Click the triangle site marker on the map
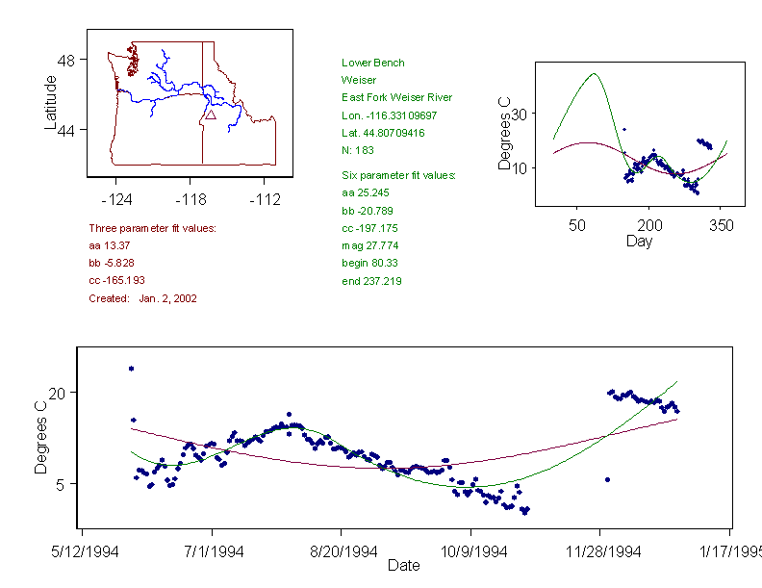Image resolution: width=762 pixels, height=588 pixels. click(x=210, y=114)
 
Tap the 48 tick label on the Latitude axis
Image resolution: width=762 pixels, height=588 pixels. click(x=66, y=60)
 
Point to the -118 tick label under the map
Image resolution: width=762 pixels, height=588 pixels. click(x=190, y=200)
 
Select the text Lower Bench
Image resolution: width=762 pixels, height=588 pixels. click(x=373, y=63)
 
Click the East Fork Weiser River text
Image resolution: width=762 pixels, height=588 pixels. click(x=396, y=97)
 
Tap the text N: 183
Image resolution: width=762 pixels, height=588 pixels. click(x=358, y=150)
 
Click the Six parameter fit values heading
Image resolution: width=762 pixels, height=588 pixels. click(x=398, y=175)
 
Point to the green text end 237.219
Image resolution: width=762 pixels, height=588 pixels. click(x=371, y=281)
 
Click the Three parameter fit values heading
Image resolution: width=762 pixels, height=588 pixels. click(x=152, y=228)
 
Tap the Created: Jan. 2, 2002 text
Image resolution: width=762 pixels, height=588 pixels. click(x=142, y=298)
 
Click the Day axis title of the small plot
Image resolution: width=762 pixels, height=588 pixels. click(x=639, y=242)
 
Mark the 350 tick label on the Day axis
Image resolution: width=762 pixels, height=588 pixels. click(x=721, y=225)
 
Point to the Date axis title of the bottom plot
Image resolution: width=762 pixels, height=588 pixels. click(x=403, y=566)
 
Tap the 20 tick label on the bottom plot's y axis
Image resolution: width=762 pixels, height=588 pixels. click(x=56, y=393)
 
